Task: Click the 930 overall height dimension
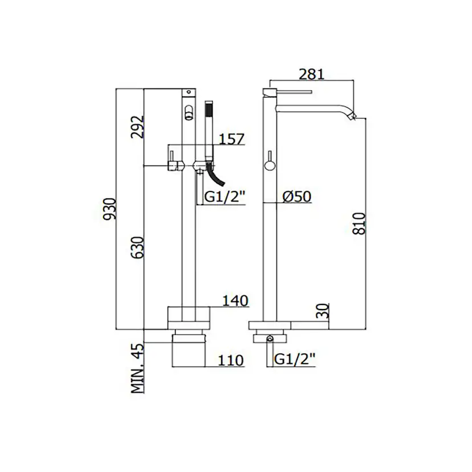point(109,209)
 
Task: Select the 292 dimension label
point(137,127)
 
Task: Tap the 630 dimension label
point(138,248)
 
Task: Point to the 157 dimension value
point(231,139)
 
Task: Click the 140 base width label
point(235,301)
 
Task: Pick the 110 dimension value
point(231,360)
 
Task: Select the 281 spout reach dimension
point(312,74)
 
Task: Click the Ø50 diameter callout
point(297,197)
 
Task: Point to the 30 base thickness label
point(323,311)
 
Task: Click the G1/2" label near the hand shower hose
point(225,197)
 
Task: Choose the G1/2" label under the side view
point(295,360)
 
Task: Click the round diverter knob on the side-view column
point(270,165)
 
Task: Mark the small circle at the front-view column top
point(189,92)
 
